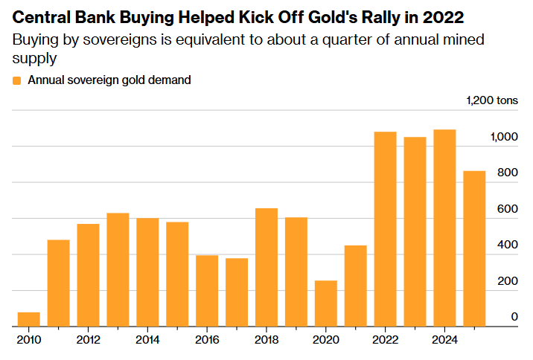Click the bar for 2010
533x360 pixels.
29,320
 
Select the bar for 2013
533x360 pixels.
118,270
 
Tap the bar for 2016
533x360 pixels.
207,291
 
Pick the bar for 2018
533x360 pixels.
266,268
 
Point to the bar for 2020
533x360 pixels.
326,303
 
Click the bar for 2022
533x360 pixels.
386,229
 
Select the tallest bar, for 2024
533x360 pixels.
445,228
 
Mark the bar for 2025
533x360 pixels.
475,249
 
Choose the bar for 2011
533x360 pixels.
59,283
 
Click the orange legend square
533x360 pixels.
17,80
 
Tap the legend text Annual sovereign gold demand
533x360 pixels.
109,80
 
